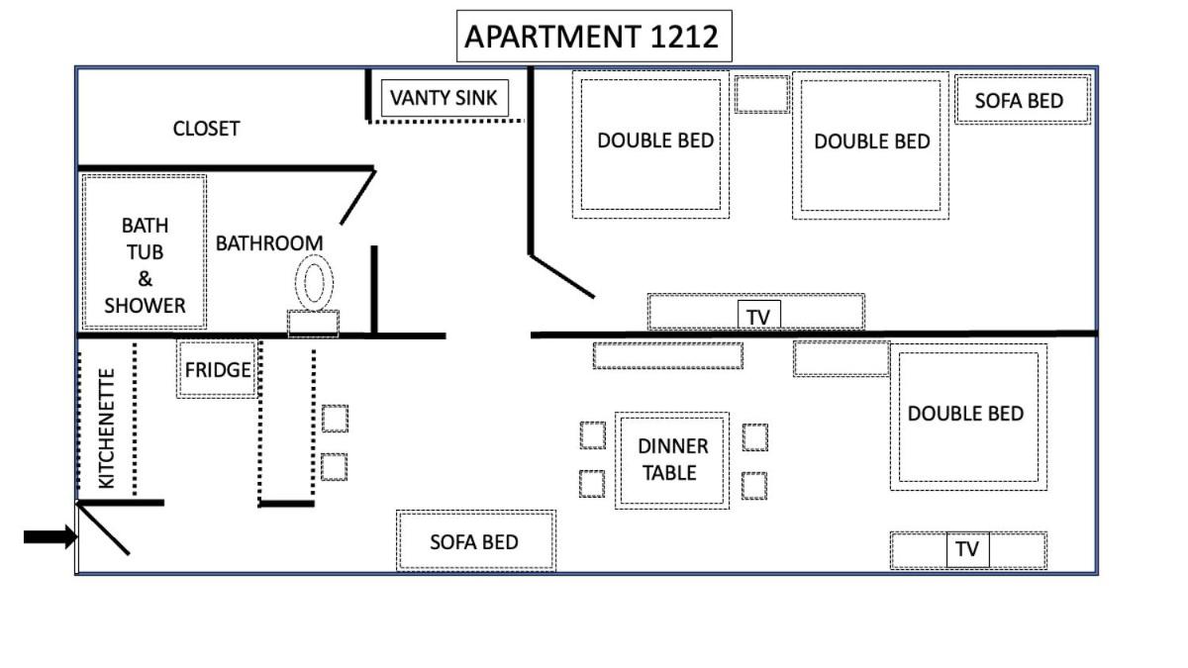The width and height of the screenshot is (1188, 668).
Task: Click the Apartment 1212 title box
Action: (x=594, y=36)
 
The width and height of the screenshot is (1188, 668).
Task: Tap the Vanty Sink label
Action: (x=445, y=98)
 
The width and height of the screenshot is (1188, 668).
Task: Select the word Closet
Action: (x=206, y=129)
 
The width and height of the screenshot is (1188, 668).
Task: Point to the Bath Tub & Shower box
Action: (x=145, y=251)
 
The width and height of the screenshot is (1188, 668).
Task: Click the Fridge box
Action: (x=217, y=369)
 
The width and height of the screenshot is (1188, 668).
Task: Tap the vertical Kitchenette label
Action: (x=107, y=429)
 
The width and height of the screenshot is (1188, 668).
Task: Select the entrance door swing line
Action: (x=103, y=529)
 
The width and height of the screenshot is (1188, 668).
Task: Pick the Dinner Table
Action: (x=672, y=460)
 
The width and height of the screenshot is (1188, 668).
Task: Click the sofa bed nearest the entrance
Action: (x=476, y=540)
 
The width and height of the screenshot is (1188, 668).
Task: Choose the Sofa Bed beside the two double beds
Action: (x=1023, y=100)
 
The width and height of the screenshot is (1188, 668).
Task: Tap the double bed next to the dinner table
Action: (x=968, y=417)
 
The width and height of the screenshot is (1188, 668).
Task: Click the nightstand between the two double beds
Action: (x=762, y=94)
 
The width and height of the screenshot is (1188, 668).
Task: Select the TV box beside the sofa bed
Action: (x=968, y=549)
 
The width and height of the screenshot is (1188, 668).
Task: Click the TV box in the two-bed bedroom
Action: (x=759, y=316)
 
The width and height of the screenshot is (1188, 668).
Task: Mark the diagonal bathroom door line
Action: (x=358, y=197)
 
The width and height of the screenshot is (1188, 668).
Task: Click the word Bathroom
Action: (x=269, y=243)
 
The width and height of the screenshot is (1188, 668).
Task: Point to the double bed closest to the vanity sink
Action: (x=650, y=144)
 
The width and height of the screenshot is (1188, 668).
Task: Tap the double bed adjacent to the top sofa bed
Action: (x=870, y=145)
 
